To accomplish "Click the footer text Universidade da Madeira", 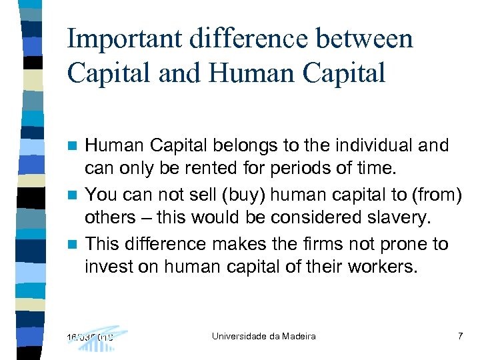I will [x=263, y=336].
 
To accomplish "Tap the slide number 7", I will [x=460, y=336].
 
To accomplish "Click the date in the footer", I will [x=90, y=337].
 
